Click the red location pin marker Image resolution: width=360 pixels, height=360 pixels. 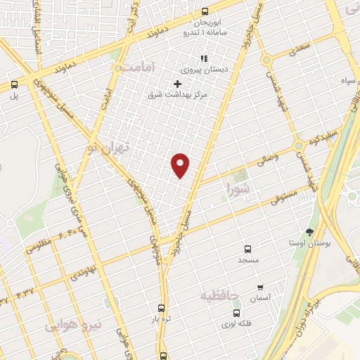181,165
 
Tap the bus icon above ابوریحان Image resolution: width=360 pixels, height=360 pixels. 205,11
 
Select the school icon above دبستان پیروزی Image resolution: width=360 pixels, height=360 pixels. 204,58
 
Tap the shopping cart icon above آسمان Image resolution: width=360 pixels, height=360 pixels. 260,287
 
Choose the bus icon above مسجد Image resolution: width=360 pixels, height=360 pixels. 247,249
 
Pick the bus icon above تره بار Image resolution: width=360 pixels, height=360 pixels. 162,308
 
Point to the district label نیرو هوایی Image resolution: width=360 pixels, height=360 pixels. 74,325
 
